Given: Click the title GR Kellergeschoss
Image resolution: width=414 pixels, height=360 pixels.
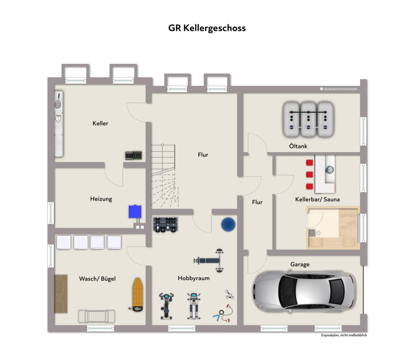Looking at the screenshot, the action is click(207, 28).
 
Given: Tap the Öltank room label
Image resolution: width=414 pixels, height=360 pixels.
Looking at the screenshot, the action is click(298, 146).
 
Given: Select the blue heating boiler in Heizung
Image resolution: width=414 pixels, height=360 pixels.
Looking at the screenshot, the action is click(135, 212).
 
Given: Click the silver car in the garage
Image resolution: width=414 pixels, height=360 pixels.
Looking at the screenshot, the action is click(305, 292).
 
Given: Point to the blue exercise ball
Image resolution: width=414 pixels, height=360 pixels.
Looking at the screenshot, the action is click(228, 224).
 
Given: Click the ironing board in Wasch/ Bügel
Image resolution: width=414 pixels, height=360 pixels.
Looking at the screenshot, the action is click(138, 294).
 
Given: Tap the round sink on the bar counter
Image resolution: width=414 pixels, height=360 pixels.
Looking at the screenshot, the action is click(329, 169).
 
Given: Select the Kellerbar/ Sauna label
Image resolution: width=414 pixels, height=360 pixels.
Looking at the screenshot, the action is click(317, 199).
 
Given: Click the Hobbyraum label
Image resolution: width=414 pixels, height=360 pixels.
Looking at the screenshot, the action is click(194, 278).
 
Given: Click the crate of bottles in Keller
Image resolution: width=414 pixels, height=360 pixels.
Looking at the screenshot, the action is click(134, 155).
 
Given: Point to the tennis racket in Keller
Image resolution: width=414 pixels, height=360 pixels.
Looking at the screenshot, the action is click(58, 101).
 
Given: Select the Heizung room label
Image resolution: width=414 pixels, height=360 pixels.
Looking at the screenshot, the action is click(101, 199).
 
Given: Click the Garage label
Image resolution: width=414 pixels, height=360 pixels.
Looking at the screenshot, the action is click(300, 264).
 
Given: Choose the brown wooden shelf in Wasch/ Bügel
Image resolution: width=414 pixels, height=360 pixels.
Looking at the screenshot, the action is click(61, 294).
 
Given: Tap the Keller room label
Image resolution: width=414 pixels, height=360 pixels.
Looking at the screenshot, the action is click(100, 123).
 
